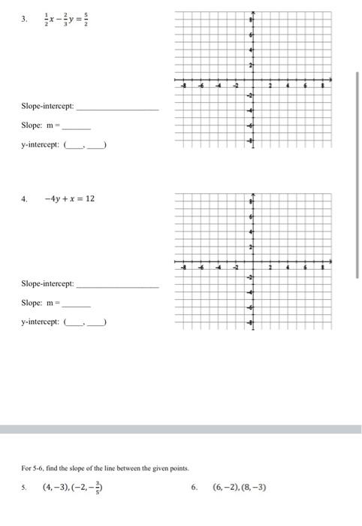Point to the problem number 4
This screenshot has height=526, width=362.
(x=25, y=199)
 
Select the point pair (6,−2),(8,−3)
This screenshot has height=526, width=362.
(x=240, y=486)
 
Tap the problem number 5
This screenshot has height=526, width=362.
(x=25, y=486)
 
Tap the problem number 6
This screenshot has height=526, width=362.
(x=193, y=486)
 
